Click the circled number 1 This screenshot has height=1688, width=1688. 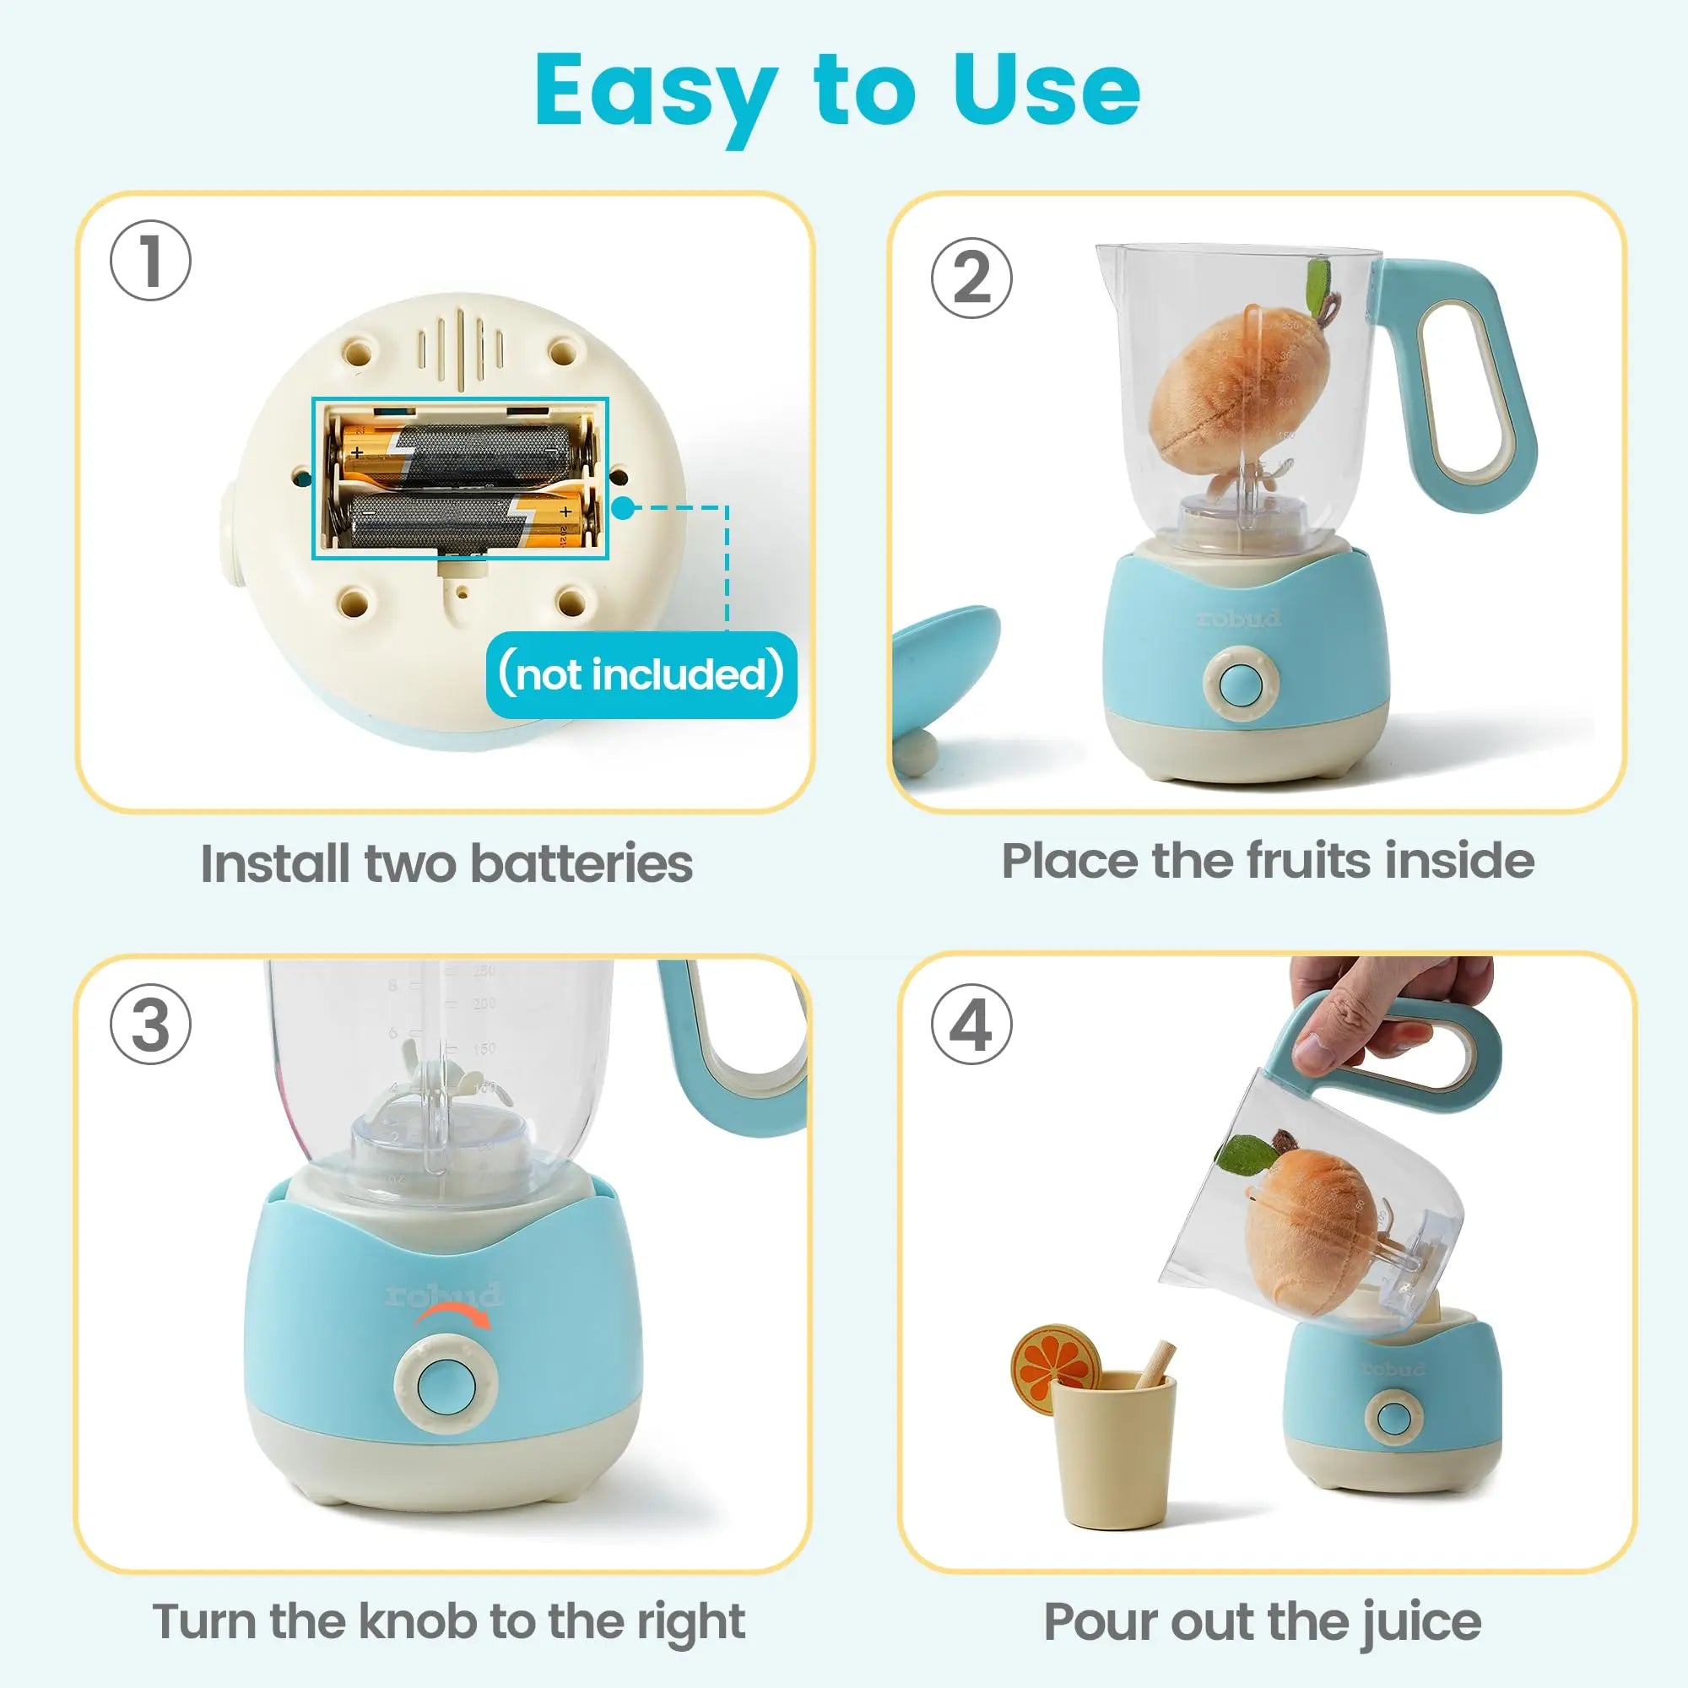point(150,260)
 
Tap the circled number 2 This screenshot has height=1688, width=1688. point(971,278)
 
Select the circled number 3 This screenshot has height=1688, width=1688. point(150,1024)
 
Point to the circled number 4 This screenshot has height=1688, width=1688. point(971,1024)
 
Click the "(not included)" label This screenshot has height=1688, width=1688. point(641,674)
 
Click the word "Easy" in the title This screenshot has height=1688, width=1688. point(655,92)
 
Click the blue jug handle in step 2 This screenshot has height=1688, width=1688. point(1476,384)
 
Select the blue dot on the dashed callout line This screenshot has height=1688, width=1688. point(622,507)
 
